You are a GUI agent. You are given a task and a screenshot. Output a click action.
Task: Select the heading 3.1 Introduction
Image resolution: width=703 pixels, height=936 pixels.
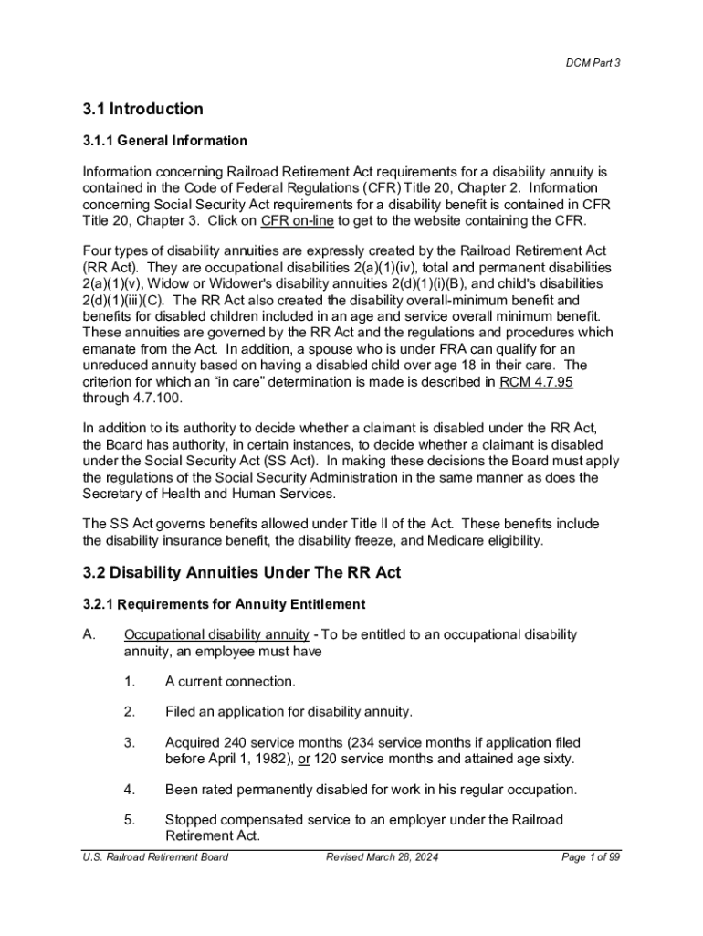click(x=142, y=110)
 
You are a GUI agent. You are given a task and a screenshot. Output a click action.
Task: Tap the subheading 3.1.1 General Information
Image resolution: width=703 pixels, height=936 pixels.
click(x=164, y=141)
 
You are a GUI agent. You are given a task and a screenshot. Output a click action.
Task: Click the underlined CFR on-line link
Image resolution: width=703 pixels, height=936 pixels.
click(x=298, y=220)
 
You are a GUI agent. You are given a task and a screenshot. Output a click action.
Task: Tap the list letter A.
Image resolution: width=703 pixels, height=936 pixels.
click(x=89, y=634)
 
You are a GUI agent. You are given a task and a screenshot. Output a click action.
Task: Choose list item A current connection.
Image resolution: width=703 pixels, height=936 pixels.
click(x=230, y=681)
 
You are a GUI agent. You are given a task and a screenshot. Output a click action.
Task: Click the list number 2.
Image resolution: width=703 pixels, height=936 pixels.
click(x=130, y=711)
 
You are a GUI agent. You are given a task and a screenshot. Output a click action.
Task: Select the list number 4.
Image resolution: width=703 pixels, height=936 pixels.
click(x=130, y=789)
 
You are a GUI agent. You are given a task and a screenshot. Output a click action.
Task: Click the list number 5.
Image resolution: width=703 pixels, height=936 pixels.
click(x=130, y=819)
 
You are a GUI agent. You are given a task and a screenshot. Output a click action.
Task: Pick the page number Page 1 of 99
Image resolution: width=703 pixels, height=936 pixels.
click(x=591, y=856)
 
